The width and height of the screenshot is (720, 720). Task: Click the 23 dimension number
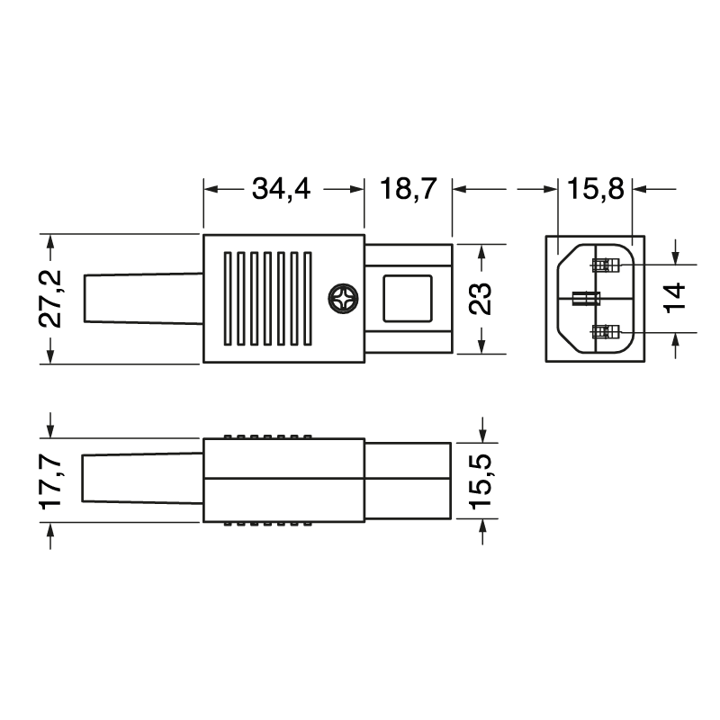click(482, 299)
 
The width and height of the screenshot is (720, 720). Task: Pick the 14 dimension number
click(677, 298)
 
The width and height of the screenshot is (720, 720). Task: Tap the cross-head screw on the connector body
click(343, 299)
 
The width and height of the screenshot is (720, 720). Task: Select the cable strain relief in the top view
click(142, 299)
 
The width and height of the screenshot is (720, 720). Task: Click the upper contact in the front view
click(607, 265)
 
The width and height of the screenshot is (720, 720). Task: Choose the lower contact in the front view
click(607, 333)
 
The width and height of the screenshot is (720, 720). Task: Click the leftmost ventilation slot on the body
click(229, 299)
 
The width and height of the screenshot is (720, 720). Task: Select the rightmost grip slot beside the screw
click(308, 299)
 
